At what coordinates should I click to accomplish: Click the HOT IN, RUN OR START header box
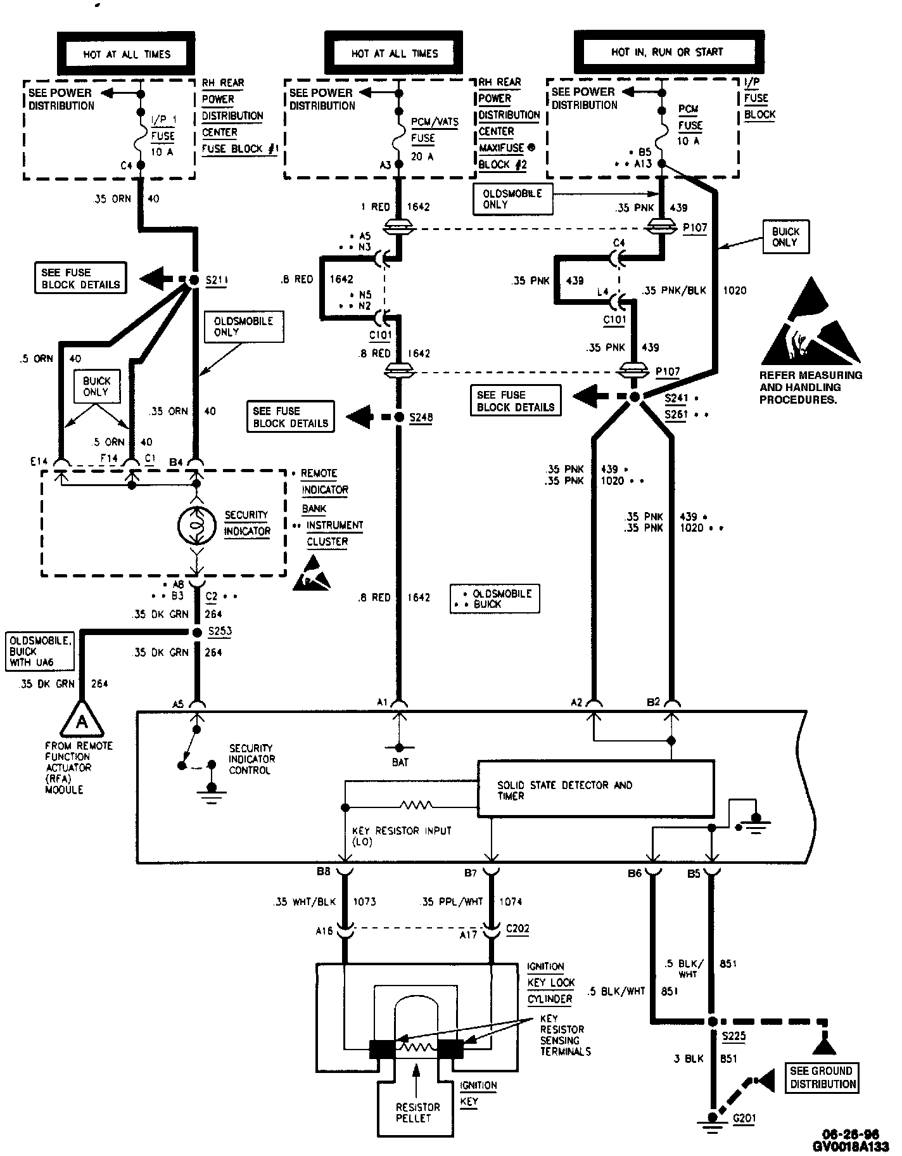click(x=666, y=52)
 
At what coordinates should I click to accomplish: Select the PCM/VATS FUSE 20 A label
click(x=434, y=138)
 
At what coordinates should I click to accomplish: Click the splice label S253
click(x=219, y=631)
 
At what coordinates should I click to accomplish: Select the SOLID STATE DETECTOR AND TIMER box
click(x=595, y=789)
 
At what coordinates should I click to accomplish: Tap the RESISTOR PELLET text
click(x=417, y=1112)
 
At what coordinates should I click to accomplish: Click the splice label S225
click(x=734, y=1037)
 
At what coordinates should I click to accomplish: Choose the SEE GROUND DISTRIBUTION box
click(x=822, y=1077)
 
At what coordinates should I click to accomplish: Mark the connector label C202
click(x=517, y=929)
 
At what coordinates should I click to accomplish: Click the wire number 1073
click(x=364, y=901)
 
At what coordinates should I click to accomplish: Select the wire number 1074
click(x=511, y=901)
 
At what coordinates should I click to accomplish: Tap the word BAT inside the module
click(x=400, y=762)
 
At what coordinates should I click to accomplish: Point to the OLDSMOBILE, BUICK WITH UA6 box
click(x=40, y=651)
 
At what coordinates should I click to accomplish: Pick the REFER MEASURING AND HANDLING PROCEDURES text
click(x=810, y=387)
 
